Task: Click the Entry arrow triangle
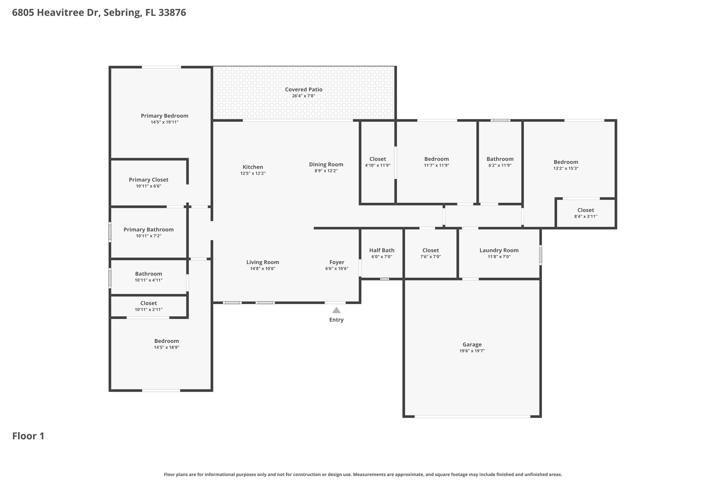(336, 310)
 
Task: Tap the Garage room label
(472, 344)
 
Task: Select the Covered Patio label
(303, 89)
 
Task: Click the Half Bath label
(382, 250)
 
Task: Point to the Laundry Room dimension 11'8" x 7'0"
(499, 257)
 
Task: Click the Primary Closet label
(149, 180)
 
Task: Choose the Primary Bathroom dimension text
(149, 236)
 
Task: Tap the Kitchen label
(253, 167)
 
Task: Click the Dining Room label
(326, 165)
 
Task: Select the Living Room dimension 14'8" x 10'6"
(263, 269)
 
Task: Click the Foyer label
(337, 262)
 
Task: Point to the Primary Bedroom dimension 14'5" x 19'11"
(164, 122)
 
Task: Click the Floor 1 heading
(28, 436)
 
